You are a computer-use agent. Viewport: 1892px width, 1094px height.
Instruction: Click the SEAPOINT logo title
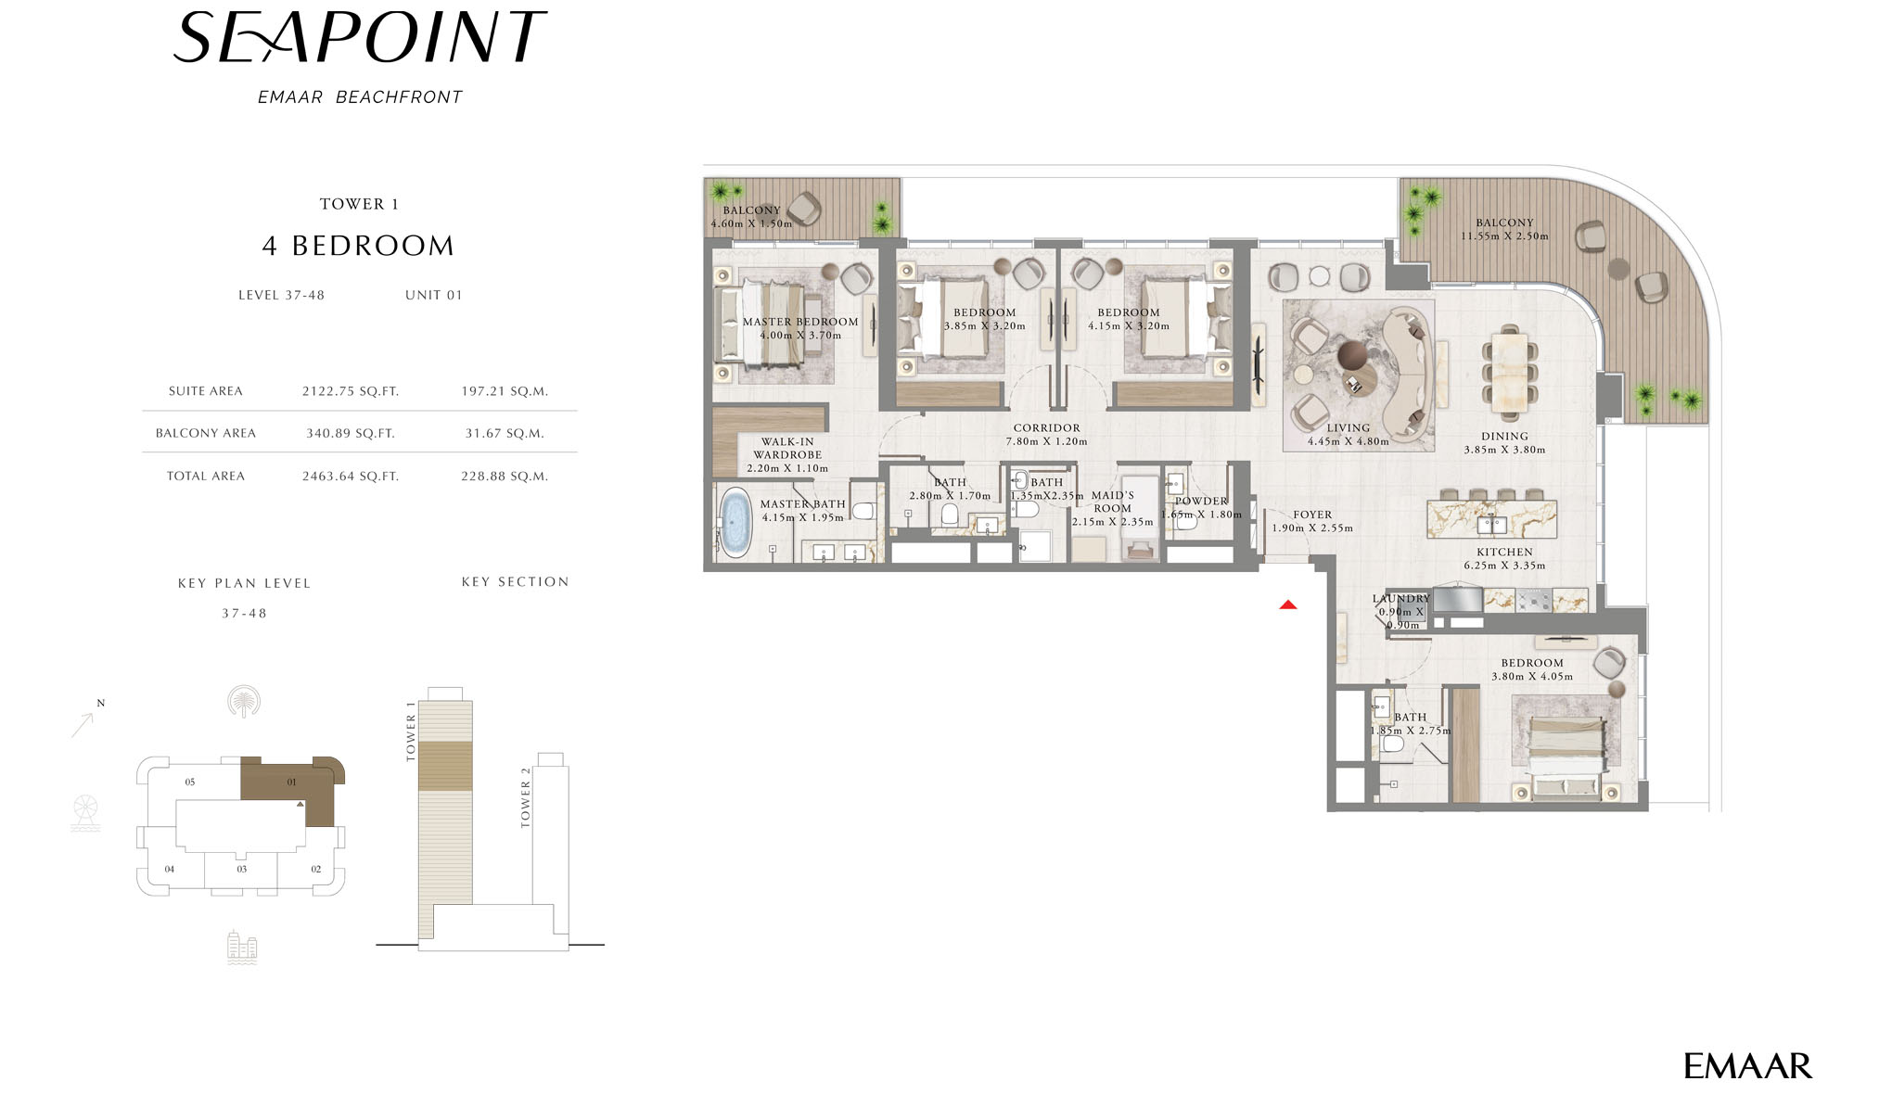[x=360, y=38]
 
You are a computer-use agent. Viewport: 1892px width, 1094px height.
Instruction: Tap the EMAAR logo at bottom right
[x=1747, y=1066]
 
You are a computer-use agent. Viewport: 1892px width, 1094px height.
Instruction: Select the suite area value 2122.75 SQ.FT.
[x=351, y=391]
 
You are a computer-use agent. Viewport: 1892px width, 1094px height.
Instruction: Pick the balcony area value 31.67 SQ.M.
[x=505, y=433]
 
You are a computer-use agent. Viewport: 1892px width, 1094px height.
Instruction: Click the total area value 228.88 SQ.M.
[x=505, y=477]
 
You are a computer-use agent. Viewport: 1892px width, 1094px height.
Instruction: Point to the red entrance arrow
[x=1288, y=604]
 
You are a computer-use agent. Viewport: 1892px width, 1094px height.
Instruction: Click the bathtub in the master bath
[x=736, y=523]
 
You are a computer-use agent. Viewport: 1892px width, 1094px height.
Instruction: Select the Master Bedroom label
[x=800, y=322]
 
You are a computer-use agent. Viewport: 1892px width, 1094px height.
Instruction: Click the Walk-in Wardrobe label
[x=787, y=449]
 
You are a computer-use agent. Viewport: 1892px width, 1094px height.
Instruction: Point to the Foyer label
[x=1312, y=515]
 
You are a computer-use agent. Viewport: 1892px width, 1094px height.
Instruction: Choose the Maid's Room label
[x=1113, y=502]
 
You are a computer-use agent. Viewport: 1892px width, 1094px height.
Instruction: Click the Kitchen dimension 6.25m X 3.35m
[x=1504, y=566]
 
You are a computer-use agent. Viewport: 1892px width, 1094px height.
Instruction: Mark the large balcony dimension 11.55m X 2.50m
[x=1504, y=236]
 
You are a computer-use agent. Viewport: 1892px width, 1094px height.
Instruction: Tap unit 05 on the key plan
[x=190, y=782]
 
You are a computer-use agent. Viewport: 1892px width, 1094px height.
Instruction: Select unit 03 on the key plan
[x=242, y=870]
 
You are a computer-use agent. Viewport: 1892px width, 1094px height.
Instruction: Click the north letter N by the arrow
[x=101, y=703]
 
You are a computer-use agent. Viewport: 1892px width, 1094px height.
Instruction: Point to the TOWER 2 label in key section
[x=526, y=797]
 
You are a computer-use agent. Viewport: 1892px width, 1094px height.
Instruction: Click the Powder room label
[x=1201, y=502]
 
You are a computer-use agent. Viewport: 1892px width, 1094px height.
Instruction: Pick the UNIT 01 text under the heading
[x=433, y=296]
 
